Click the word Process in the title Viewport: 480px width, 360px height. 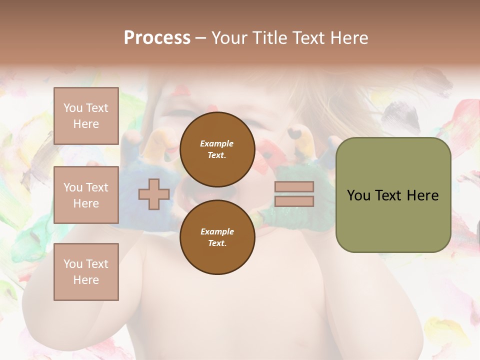[x=157, y=38]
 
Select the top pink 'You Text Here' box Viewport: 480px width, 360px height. [x=86, y=116]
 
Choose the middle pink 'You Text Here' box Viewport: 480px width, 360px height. [x=86, y=195]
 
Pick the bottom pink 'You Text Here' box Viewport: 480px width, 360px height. [x=86, y=272]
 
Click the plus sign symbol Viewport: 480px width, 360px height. [x=154, y=194]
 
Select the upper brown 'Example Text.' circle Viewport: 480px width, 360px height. [x=217, y=149]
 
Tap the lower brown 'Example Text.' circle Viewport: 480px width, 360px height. [x=217, y=237]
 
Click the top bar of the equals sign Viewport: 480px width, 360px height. [x=294, y=187]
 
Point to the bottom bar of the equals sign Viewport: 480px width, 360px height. [x=294, y=201]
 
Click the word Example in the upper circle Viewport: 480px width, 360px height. [x=217, y=143]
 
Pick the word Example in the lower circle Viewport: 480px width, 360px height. [x=217, y=231]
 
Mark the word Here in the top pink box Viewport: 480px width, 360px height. [x=86, y=124]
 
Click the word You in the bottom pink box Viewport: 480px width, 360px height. [x=73, y=263]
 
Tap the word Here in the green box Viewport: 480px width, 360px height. [x=423, y=195]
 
